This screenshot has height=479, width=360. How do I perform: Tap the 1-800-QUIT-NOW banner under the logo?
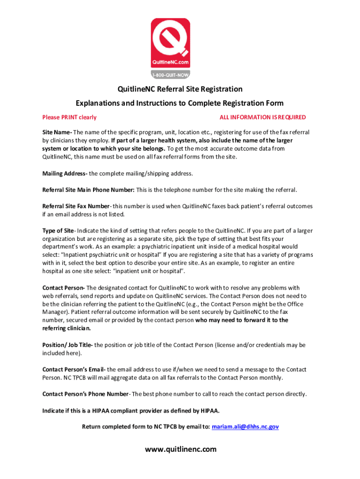click(170, 74)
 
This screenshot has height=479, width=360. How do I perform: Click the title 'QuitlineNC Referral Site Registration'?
click(180, 89)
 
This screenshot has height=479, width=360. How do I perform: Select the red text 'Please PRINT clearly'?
click(69, 117)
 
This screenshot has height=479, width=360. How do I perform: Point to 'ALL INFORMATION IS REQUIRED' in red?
click(262, 117)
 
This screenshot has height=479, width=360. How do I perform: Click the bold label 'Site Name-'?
click(57, 132)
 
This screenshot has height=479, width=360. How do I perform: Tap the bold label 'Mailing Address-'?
click(65, 174)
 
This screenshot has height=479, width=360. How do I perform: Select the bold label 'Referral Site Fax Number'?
click(76, 206)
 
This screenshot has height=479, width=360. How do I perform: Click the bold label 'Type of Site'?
click(58, 231)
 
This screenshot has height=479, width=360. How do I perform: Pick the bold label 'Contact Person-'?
click(64, 288)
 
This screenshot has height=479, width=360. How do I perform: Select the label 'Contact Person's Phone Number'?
click(85, 394)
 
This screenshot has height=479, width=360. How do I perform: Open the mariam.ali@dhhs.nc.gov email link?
click(245, 427)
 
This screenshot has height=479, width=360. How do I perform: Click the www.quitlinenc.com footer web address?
click(180, 450)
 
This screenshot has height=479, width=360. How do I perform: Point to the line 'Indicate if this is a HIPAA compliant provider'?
click(131, 411)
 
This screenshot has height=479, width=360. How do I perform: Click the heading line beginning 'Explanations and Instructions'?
click(180, 103)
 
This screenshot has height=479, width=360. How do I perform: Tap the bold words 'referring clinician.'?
click(65, 328)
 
